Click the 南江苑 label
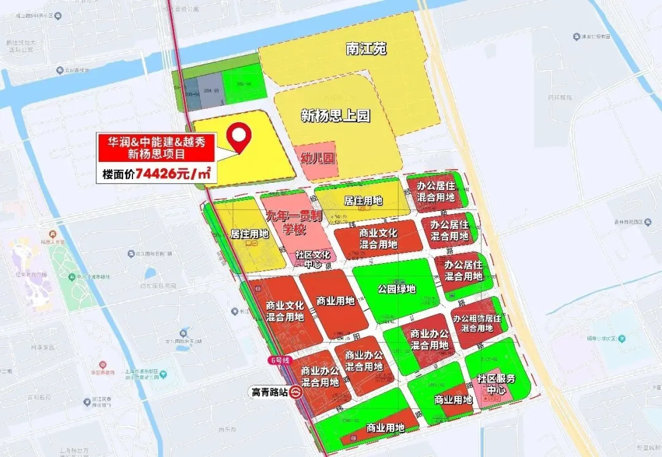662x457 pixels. (x=366, y=49)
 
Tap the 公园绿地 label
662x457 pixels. (x=397, y=289)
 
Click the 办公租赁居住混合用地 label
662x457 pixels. (x=477, y=323)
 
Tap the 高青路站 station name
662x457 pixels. (x=270, y=391)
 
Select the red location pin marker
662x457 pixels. (x=240, y=138)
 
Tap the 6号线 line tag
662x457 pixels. (x=276, y=359)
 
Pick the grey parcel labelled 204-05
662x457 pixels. (x=212, y=90)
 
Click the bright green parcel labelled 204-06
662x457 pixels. (x=243, y=86)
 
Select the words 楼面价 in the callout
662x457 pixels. (x=118, y=175)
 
